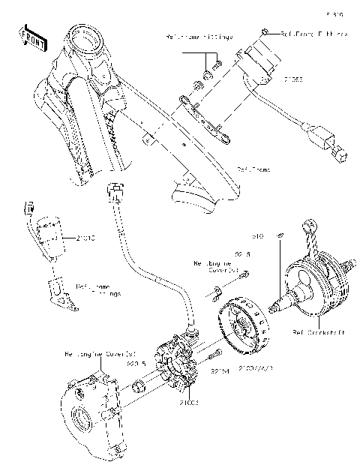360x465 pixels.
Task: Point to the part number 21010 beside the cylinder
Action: (85, 238)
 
